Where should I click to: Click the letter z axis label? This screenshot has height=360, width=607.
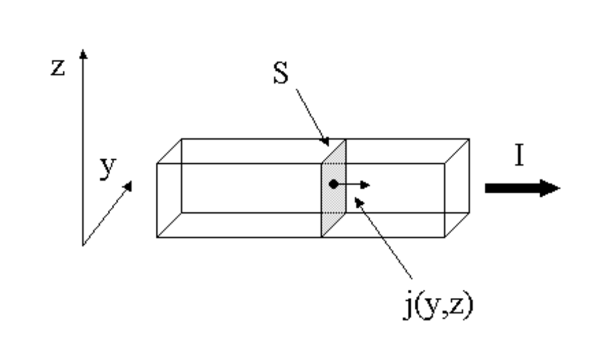[x=58, y=68]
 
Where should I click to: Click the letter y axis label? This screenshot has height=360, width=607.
[x=108, y=168]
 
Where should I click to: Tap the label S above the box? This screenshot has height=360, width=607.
[x=281, y=73]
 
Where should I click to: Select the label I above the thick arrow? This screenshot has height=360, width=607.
[x=519, y=155]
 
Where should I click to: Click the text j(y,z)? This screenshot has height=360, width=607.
[x=438, y=305]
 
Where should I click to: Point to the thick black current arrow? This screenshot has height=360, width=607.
[x=523, y=188]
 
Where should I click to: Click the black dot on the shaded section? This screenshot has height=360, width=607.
[x=333, y=185]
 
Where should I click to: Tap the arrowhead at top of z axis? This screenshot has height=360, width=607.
[x=83, y=54]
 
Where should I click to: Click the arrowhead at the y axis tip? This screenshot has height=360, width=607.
[x=128, y=186]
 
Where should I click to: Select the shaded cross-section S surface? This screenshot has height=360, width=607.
[x=333, y=188]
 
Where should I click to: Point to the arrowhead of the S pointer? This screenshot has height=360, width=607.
[x=325, y=142]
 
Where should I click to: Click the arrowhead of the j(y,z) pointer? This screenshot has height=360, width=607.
[x=359, y=202]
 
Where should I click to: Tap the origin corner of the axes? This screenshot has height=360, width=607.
[x=82, y=245]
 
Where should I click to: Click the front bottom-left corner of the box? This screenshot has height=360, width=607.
[x=157, y=237]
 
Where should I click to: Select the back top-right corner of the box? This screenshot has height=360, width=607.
[x=469, y=139]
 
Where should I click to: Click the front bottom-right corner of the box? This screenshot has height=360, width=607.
[x=445, y=237]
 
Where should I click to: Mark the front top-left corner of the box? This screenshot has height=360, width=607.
[x=157, y=163]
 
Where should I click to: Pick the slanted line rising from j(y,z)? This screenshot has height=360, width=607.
[x=383, y=238]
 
